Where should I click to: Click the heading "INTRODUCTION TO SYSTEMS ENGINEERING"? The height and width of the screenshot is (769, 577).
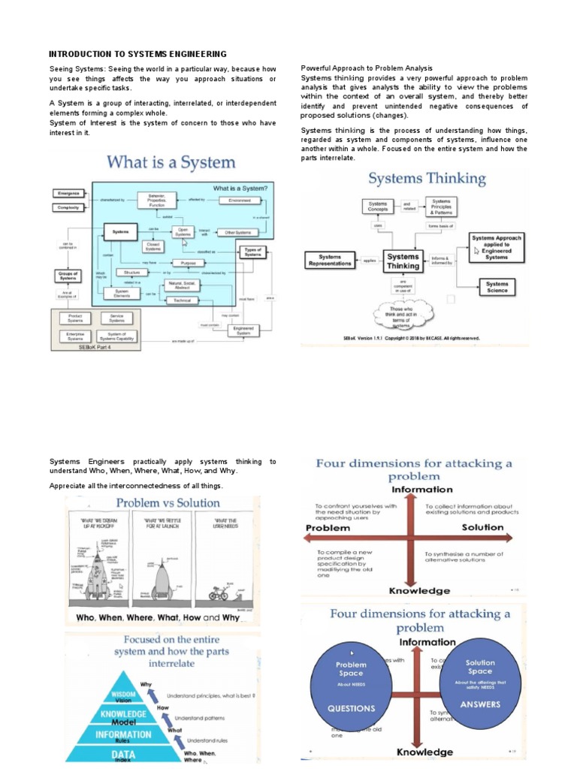(x=137, y=54)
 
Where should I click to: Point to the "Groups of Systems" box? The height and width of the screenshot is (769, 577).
(x=67, y=276)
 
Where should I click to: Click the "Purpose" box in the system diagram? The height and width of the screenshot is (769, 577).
(x=188, y=263)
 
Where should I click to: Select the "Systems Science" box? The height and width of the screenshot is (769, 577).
(x=497, y=287)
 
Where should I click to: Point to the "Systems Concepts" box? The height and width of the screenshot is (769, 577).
(x=377, y=205)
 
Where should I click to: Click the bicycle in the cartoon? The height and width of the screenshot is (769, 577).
(x=219, y=593)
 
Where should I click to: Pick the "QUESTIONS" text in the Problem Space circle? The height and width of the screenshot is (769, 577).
(x=351, y=708)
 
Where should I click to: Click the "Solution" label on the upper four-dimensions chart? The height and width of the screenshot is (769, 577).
(x=483, y=527)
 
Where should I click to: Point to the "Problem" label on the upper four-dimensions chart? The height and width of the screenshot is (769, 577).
(x=328, y=528)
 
